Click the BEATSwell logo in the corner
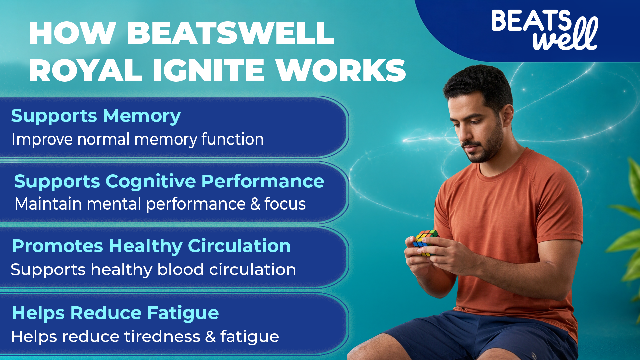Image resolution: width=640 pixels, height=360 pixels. point(545,30)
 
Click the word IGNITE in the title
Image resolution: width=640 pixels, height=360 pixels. point(209,70)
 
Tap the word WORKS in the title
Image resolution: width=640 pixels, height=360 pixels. point(341,70)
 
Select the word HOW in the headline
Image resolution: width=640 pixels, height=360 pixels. point(72,33)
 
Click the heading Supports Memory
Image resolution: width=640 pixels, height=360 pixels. point(96,116)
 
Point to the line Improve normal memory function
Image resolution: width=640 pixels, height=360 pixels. point(138,140)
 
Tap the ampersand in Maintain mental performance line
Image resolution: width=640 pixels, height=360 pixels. point(255,204)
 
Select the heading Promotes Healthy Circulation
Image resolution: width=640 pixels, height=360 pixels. point(151,247)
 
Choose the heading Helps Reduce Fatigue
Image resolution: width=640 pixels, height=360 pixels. point(115,314)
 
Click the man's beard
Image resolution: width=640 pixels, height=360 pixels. point(483,147)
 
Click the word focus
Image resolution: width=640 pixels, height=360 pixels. point(285,204)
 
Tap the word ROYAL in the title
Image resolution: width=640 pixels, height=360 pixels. point(86,70)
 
